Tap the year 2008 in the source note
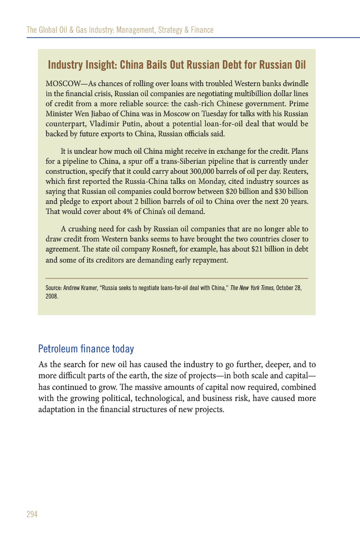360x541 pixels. point(52,296)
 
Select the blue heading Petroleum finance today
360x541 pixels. point(86,349)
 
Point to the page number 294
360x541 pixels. point(32,514)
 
